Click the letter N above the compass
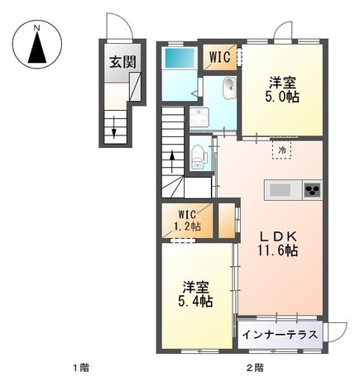38,27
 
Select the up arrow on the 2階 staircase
172,159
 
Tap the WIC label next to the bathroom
219,57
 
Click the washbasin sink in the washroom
228,88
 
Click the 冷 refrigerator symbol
281,151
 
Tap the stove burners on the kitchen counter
313,190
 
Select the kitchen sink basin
281,190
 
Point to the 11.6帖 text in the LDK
281,252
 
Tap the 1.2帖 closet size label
188,230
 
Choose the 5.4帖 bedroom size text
195,303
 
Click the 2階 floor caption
253,367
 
